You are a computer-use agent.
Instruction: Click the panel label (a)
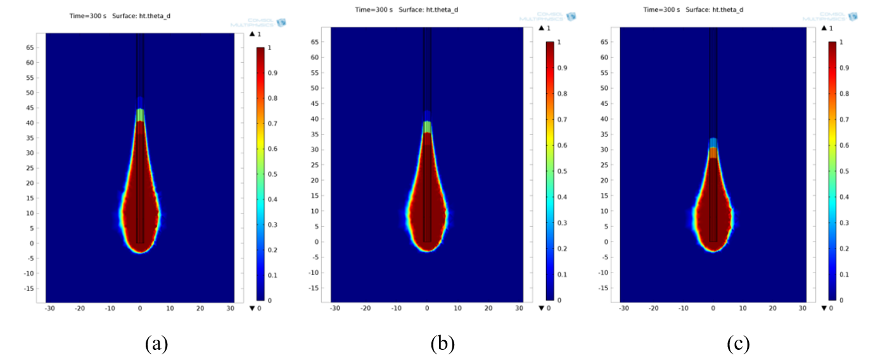coord(156,344)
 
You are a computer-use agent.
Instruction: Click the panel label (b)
coord(443,344)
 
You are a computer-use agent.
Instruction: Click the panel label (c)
coord(737,344)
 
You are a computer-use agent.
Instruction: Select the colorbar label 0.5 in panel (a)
coord(275,175)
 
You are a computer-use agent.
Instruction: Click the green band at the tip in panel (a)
coord(140,115)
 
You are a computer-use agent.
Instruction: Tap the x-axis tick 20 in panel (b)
coord(488,309)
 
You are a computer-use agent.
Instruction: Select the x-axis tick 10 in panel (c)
coord(742,309)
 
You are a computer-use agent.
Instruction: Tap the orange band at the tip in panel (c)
coord(713,153)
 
